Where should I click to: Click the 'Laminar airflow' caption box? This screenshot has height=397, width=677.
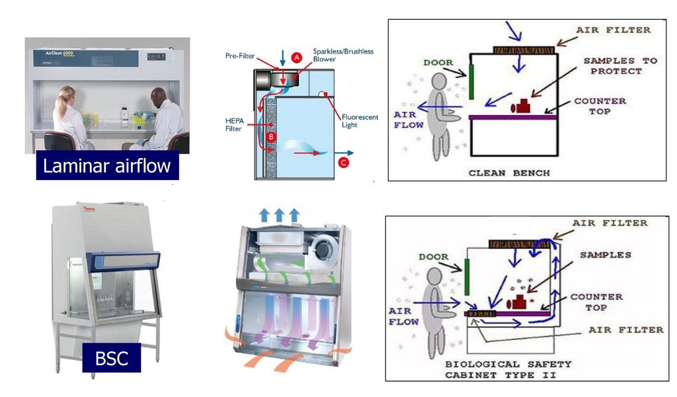pos(106,166)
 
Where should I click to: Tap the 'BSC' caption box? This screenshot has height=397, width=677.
pos(111,358)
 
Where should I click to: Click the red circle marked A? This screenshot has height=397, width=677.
pos(297,58)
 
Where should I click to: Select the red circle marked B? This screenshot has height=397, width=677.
pos(270,137)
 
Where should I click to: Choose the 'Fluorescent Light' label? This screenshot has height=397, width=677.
pos(360,120)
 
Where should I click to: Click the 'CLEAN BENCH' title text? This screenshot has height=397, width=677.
pos(509,173)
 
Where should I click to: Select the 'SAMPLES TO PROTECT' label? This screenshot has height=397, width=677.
pos(619,66)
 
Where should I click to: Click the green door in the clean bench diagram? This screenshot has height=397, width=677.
pos(472,79)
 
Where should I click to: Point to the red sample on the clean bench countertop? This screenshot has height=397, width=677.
pos(524,106)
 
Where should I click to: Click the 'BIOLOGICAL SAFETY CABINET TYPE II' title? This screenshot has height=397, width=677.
pos(508,369)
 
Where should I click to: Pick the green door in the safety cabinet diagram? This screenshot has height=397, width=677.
pos(467,277)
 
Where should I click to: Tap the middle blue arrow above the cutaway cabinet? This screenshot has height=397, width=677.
pos(279,214)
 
